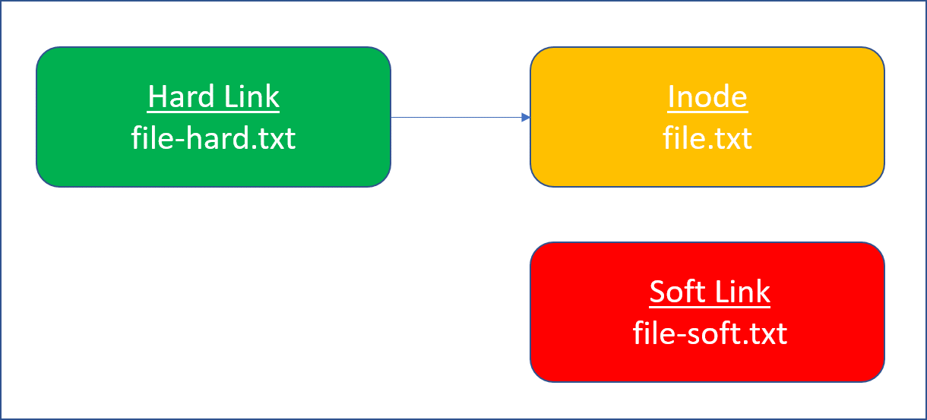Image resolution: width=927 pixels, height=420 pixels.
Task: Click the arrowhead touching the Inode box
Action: tap(526, 117)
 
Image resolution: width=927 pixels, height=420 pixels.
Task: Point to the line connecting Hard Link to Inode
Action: tap(456, 117)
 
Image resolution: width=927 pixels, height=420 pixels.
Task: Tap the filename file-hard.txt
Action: tap(214, 139)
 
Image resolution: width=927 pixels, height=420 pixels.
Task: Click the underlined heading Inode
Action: tap(707, 97)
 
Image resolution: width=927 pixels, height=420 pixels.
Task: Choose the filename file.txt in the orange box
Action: tap(707, 139)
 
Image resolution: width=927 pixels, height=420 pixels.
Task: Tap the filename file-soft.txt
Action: tap(710, 333)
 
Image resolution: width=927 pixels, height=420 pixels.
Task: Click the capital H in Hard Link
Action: tap(157, 97)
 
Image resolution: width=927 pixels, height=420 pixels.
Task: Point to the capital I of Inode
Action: tap(671, 97)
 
